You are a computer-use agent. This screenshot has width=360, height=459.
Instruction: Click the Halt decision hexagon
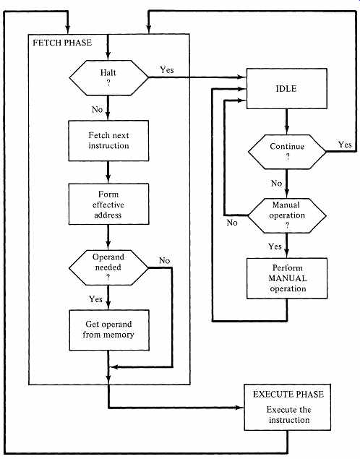(108, 77)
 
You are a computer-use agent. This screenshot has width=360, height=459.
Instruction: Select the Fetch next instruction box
(108, 140)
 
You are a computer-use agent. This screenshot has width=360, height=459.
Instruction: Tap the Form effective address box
(108, 204)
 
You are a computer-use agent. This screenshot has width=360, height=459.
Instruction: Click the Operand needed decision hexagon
(108, 267)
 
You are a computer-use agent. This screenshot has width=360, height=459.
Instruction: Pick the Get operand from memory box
(109, 330)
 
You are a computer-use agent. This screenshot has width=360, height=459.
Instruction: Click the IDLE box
(286, 89)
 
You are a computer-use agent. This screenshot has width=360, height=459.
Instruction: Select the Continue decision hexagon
(287, 152)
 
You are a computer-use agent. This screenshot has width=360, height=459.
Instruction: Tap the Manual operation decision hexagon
(287, 215)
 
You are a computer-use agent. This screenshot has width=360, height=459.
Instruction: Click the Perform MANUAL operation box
(287, 278)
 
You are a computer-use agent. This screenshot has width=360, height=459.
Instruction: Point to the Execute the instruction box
(288, 407)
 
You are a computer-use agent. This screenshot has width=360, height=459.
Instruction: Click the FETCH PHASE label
(62, 43)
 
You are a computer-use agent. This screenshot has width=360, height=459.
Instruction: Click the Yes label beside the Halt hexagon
(167, 70)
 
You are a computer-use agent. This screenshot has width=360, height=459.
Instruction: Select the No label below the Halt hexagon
(97, 109)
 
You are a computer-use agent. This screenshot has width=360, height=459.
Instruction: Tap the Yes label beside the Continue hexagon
(345, 145)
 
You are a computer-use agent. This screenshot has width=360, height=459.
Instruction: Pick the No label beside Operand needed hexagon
(165, 260)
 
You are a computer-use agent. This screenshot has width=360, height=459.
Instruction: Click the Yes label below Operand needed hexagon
(95, 299)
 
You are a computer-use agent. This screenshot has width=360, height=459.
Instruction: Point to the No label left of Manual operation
(232, 223)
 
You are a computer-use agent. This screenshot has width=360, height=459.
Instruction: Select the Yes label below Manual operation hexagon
(275, 246)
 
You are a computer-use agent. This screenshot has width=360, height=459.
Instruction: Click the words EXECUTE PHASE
(288, 395)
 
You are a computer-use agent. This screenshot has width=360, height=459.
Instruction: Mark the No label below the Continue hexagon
(276, 184)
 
